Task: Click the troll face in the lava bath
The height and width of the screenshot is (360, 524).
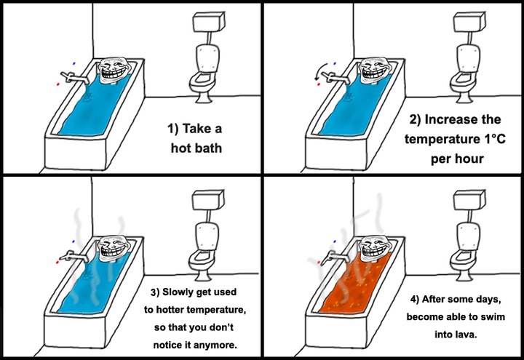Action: pyautogui.click(x=376, y=249)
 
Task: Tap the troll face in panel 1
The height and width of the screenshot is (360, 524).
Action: pyautogui.click(x=115, y=70)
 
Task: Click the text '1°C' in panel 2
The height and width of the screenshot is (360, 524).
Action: pyautogui.click(x=494, y=138)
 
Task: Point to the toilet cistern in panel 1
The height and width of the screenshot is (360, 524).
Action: pyautogui.click(x=208, y=22)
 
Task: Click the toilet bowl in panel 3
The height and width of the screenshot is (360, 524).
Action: pyautogui.click(x=202, y=261)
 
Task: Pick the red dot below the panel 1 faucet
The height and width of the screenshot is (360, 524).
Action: pyautogui.click(x=58, y=84)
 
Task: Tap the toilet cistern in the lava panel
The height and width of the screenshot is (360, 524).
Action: pyautogui.click(x=469, y=200)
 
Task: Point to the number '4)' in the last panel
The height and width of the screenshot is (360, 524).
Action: pyautogui.click(x=415, y=299)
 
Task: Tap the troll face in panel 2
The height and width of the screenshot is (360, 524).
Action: pyautogui.click(x=376, y=70)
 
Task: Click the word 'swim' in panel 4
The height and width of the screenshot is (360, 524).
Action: pyautogui.click(x=493, y=316)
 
